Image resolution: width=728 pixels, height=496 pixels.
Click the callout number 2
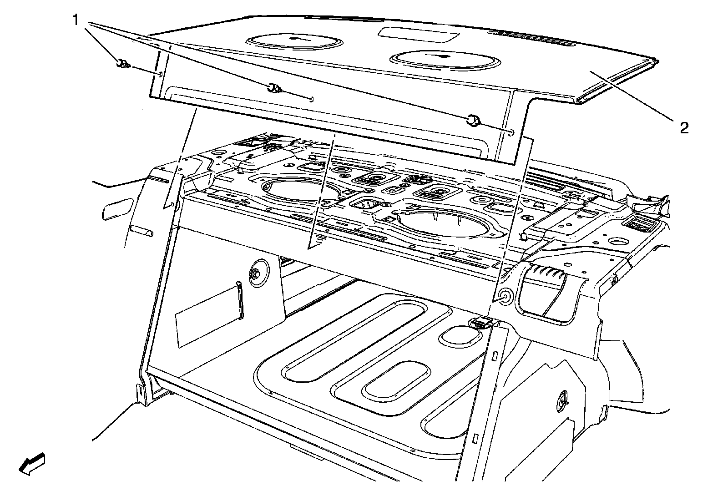684,128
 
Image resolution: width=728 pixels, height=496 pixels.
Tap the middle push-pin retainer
274,87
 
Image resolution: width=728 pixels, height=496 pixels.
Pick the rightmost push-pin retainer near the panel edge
472,121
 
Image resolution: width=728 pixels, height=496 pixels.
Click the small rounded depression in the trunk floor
460,336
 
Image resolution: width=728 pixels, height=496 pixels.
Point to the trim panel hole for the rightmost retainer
511,133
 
